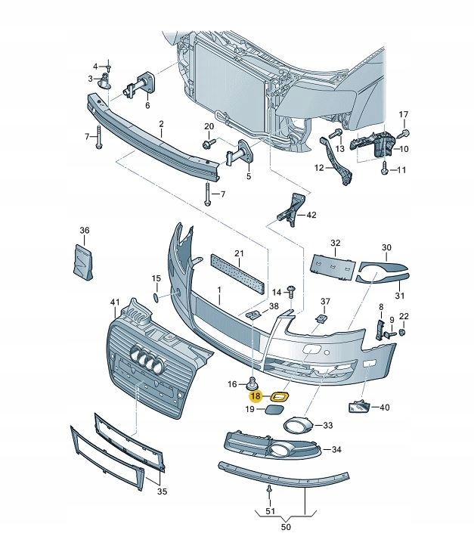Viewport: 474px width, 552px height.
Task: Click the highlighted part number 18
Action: pyautogui.click(x=255, y=395)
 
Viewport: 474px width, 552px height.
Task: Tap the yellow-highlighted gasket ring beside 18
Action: pyautogui.click(x=279, y=395)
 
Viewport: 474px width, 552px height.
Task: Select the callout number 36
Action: pyautogui.click(x=85, y=231)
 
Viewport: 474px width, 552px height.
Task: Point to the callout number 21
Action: pyautogui.click(x=240, y=253)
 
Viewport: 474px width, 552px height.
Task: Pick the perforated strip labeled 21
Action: pyautogui.click(x=237, y=271)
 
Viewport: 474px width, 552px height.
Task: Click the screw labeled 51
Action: pyautogui.click(x=270, y=492)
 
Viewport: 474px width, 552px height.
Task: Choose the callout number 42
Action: pyautogui.click(x=311, y=215)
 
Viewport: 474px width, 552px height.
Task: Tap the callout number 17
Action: pyautogui.click(x=403, y=114)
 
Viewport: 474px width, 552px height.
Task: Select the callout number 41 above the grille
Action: pyautogui.click(x=115, y=302)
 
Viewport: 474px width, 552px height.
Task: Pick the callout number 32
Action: pyautogui.click(x=336, y=243)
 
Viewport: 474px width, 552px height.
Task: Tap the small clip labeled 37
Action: pyautogui.click(x=323, y=318)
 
